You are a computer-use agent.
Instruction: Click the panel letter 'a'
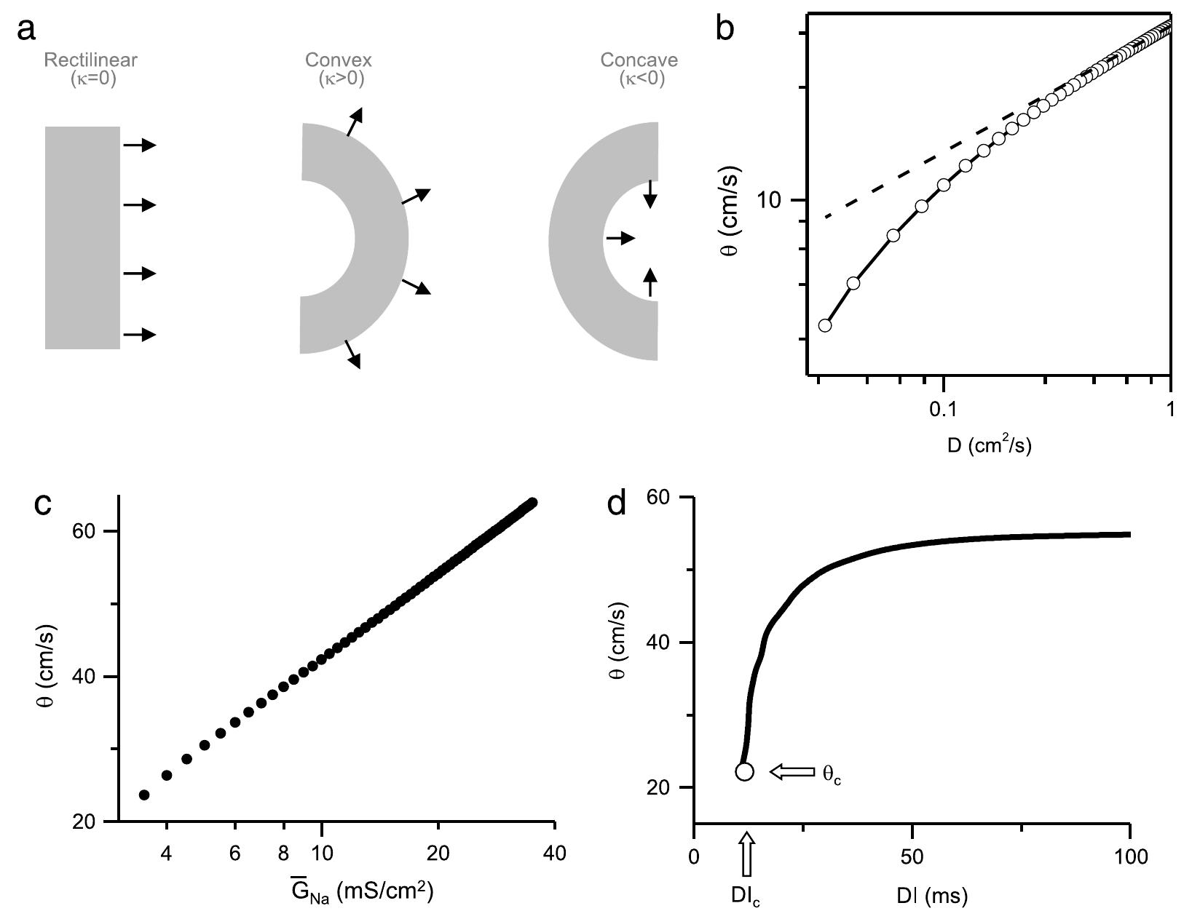pos(27,32)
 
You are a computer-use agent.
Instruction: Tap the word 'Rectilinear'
pos(90,60)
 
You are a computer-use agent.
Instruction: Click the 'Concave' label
pos(639,60)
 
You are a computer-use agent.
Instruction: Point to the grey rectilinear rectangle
pos(82,238)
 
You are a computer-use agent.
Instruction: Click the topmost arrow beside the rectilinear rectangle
pos(139,146)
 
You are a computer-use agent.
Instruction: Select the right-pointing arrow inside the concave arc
pos(620,238)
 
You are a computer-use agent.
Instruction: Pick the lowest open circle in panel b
pos(824,325)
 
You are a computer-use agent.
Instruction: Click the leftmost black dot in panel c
pos(144,795)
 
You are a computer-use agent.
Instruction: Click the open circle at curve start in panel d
pos(744,771)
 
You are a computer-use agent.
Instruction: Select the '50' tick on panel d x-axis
pos(912,856)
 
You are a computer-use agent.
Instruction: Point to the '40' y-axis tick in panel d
pos(666,643)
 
